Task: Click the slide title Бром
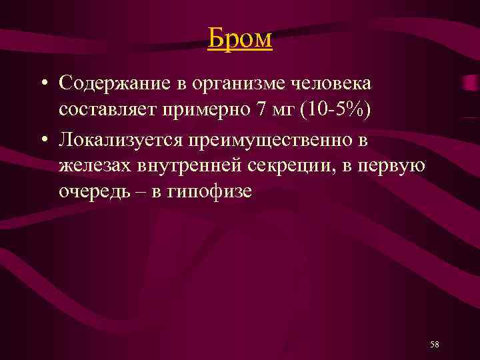(240, 39)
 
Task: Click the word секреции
(283, 165)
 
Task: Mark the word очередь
(92, 192)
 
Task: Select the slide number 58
(435, 344)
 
